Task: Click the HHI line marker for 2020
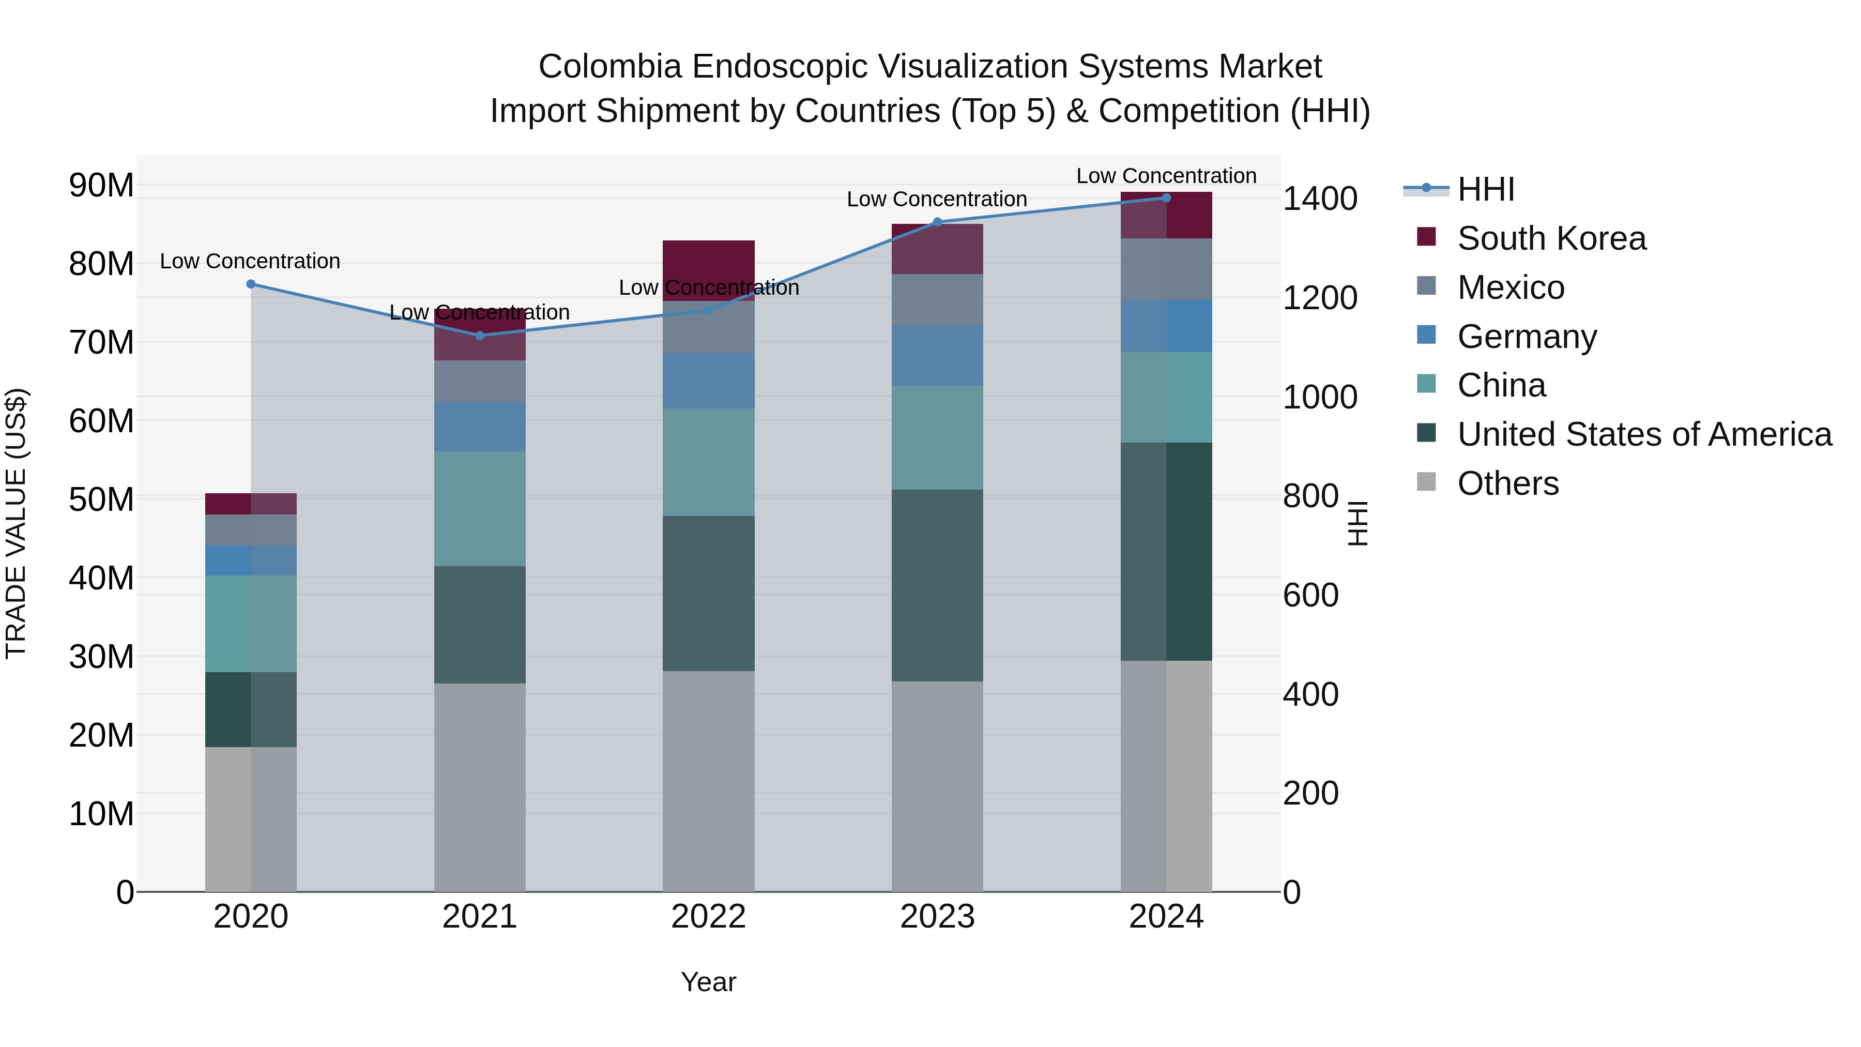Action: pyautogui.click(x=251, y=284)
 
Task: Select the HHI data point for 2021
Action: pyautogui.click(x=480, y=335)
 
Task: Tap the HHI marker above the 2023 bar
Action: pyautogui.click(x=937, y=222)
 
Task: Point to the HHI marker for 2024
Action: pyautogui.click(x=1166, y=198)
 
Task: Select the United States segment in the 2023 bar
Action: pyautogui.click(x=937, y=585)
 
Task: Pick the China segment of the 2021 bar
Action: pyautogui.click(x=480, y=509)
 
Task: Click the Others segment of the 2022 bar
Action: pyautogui.click(x=708, y=780)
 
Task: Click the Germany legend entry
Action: pyautogui.click(x=1527, y=337)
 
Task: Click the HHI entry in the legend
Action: pyautogui.click(x=1485, y=189)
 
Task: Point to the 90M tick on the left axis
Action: pyautogui.click(x=101, y=186)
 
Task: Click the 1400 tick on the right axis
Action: pyautogui.click(x=1319, y=199)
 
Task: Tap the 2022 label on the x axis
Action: pyautogui.click(x=708, y=917)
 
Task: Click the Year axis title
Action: pyautogui.click(x=708, y=982)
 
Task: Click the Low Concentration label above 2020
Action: pyautogui.click(x=250, y=261)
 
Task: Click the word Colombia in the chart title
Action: pyautogui.click(x=609, y=67)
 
